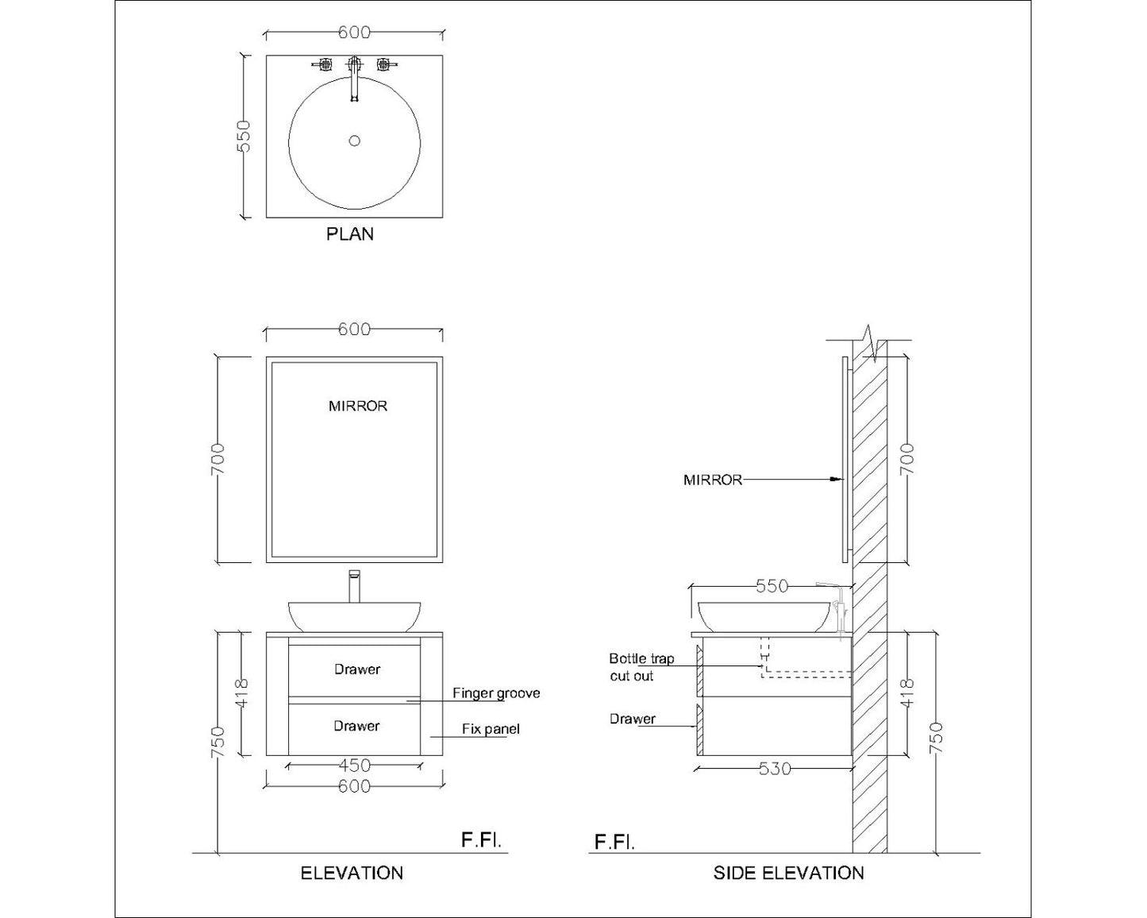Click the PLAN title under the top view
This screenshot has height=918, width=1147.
pos(350,234)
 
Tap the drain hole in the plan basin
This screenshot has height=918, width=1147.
pos(355,141)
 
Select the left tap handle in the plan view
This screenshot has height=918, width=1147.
pos(324,64)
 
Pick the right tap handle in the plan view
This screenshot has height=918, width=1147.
pos(385,64)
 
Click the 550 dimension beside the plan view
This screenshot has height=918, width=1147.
pos(244,136)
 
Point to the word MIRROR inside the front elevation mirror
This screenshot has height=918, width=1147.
pos(358,406)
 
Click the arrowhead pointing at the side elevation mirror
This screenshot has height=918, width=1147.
pos(834,480)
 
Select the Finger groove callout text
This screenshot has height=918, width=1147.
pos(496,693)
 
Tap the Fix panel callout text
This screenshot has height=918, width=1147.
pos(491,729)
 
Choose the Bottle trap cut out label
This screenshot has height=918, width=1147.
pos(641,667)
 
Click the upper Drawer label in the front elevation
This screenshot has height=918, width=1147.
pos(356,669)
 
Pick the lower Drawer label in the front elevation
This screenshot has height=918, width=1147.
pos(356,726)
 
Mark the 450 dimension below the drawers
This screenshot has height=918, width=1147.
pos(354,766)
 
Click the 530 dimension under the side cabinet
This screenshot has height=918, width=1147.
pos(774,769)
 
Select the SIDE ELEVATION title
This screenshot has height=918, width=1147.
pos(788,874)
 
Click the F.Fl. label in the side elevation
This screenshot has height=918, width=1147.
pos(614,842)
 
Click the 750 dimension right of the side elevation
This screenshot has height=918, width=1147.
pos(937,738)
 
